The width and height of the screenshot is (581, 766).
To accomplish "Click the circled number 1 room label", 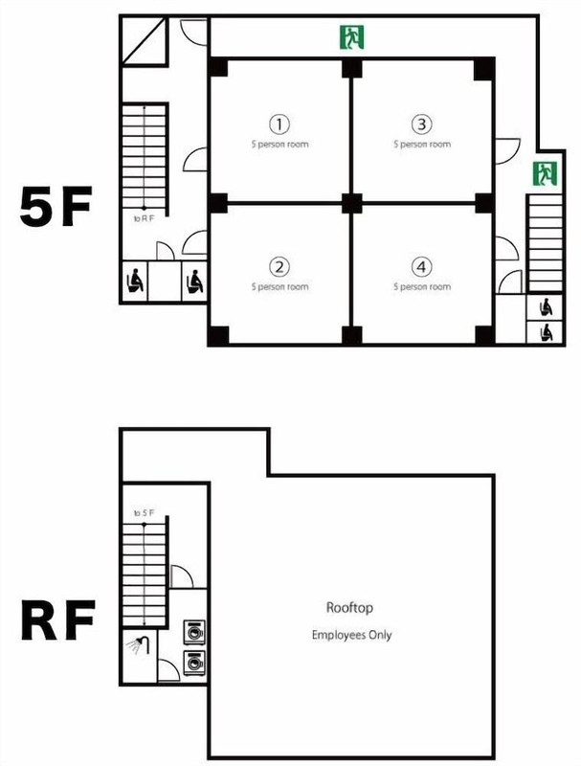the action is [x=279, y=124].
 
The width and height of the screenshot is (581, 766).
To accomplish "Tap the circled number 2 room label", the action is [x=279, y=267].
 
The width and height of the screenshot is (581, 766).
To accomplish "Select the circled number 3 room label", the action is [x=422, y=124].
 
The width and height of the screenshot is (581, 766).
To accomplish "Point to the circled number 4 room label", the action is [x=422, y=267].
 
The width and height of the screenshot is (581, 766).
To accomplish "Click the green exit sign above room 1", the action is [x=351, y=37].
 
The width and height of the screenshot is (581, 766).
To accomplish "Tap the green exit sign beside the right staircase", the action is [x=545, y=174].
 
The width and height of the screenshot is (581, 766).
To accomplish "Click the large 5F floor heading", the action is [x=56, y=206].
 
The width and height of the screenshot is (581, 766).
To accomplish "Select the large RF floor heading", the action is [x=57, y=620].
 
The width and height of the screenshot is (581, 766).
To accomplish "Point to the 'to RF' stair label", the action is [x=144, y=219].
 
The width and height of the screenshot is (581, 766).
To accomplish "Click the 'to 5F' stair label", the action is [x=144, y=513].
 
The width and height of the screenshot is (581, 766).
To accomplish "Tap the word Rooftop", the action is [x=349, y=608].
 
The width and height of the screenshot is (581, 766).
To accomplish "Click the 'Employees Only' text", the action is [x=351, y=635].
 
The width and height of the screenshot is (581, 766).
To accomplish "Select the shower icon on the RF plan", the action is [x=138, y=644].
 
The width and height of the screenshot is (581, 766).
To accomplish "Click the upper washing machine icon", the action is [x=194, y=632].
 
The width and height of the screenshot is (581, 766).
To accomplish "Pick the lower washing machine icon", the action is [x=194, y=663].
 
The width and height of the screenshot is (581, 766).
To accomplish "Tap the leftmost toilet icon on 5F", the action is [x=135, y=282].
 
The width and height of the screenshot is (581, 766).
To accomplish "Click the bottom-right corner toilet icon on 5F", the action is [x=547, y=333].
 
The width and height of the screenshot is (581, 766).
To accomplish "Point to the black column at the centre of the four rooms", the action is [x=351, y=203].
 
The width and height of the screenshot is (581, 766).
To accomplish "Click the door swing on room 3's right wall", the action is [x=507, y=151].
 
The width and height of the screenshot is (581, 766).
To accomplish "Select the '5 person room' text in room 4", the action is [x=422, y=286].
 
